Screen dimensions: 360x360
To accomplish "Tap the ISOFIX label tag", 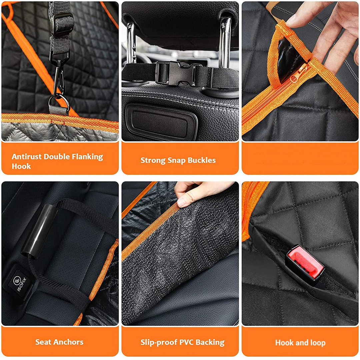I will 16,282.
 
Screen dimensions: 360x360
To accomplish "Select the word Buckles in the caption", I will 202,160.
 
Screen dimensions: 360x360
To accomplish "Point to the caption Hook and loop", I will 300,342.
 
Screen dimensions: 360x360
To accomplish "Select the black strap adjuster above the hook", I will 61,25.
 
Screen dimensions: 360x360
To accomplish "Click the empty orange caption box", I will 300,158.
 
